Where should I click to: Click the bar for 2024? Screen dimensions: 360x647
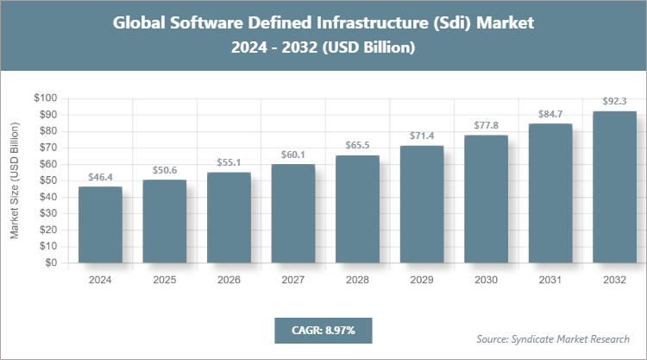coord(100,224)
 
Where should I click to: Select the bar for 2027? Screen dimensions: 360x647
coord(293,213)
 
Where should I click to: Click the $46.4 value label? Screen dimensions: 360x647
coord(100,176)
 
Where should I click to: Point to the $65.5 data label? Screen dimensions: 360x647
coord(357,145)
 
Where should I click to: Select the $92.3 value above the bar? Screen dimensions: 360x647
coord(615,100)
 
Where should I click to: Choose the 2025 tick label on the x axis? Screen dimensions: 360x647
coord(165,280)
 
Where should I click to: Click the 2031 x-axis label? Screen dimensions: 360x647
coord(550,280)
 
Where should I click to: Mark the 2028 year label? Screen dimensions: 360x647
coord(357,280)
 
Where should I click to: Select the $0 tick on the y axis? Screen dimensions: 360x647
coord(51,262)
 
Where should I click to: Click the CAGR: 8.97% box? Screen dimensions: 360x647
coord(323,330)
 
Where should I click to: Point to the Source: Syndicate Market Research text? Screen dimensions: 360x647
coord(553,338)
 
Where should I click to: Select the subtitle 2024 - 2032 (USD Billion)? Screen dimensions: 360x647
coord(323,48)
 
